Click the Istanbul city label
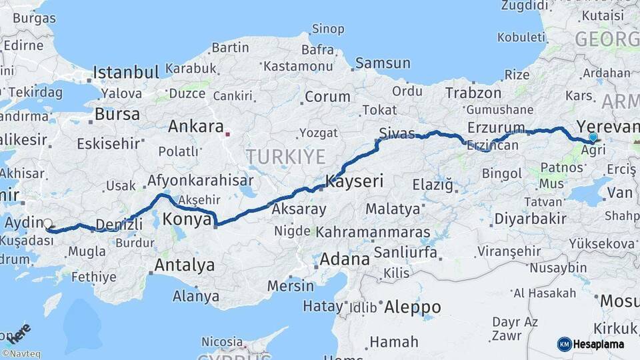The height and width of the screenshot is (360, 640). pos(126,72)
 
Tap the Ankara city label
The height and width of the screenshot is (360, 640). pos(195,126)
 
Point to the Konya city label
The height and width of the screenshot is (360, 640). pos(187,219)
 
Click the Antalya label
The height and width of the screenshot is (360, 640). pos(185,265)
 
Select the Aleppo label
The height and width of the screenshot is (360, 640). pos(413,307)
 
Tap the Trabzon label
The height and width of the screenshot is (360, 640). pos(473,93)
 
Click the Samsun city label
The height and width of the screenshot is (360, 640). pos(383,63)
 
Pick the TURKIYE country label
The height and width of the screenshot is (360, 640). pos(285,157)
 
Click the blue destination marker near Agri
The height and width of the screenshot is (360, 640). pos(593,137)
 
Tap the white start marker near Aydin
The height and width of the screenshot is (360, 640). pos(48,224)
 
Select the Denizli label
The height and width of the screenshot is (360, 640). pos(119,224)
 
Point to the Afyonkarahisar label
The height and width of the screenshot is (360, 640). pos(200,180)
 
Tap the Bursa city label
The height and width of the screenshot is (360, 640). pos(117,114)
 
